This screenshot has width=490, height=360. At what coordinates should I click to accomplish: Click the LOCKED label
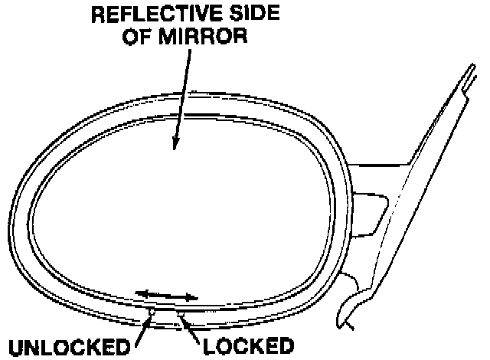[248, 346]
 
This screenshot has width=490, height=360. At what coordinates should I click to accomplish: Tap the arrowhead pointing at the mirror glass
[176, 144]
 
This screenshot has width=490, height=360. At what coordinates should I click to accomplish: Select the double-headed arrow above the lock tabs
[166, 295]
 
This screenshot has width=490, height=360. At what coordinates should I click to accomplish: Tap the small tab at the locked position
[179, 313]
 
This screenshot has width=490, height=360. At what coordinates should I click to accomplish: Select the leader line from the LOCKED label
[191, 327]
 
